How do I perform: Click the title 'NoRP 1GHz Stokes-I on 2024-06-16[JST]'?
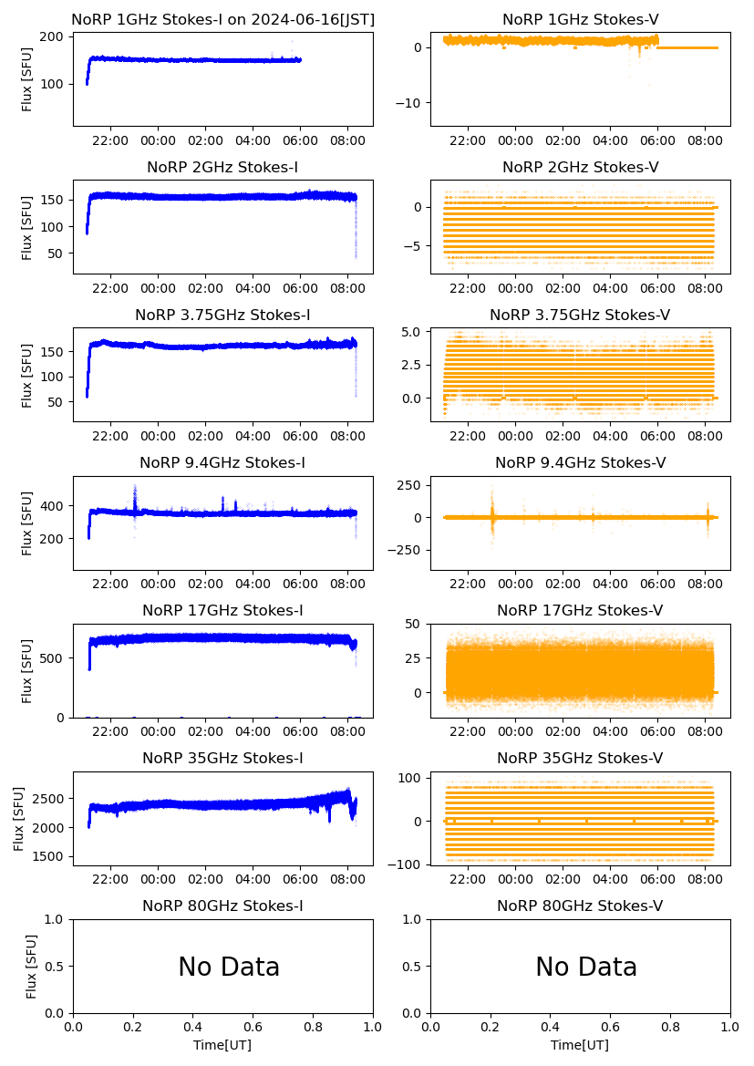[x=222, y=19]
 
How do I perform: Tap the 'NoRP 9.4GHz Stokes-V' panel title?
[x=580, y=462]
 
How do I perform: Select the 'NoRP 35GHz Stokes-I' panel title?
[x=222, y=758]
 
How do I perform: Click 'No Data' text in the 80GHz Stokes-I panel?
[x=229, y=967]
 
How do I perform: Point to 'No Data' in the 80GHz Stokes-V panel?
[x=586, y=967]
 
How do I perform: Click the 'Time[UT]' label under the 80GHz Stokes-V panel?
[x=580, y=1045]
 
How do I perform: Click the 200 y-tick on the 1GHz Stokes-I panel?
[x=52, y=36]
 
